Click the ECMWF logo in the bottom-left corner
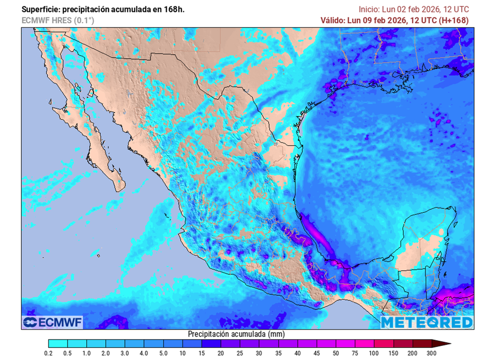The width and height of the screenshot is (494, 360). (53, 322)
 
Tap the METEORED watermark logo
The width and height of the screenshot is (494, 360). (426, 322)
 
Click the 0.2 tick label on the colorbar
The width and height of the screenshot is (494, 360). (49, 354)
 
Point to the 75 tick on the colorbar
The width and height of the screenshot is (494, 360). (356, 354)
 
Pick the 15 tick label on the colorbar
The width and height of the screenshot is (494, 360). (202, 354)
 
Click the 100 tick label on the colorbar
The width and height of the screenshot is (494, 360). (375, 354)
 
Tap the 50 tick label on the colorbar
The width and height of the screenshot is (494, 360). (336, 354)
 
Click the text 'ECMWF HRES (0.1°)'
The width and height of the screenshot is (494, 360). (57, 20)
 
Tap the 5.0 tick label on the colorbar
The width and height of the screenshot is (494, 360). (164, 354)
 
